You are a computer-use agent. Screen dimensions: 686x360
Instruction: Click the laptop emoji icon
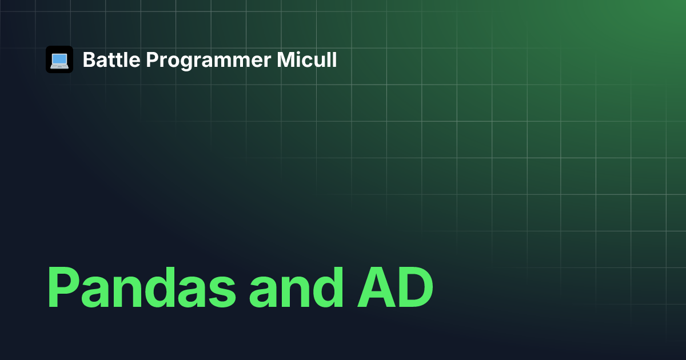point(59,59)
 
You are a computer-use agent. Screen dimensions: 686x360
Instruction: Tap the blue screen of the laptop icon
point(59,58)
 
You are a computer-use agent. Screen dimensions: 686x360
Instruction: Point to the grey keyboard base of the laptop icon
point(59,66)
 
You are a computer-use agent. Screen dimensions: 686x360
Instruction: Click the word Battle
point(111,59)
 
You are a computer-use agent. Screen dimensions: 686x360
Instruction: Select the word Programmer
point(208,61)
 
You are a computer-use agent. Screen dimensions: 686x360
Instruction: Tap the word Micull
point(306,59)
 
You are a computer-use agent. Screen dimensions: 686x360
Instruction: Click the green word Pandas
point(142,287)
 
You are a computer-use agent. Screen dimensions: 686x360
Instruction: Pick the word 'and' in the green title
point(296,287)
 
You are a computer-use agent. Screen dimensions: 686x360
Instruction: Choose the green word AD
point(395,287)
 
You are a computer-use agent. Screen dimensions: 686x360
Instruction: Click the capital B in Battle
point(89,59)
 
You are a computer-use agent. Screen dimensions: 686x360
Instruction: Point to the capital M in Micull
point(285,59)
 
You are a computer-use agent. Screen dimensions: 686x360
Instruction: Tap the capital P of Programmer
point(152,59)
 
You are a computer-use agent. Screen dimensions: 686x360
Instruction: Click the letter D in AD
point(415,287)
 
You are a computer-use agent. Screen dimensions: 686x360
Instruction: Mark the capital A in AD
point(376,287)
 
